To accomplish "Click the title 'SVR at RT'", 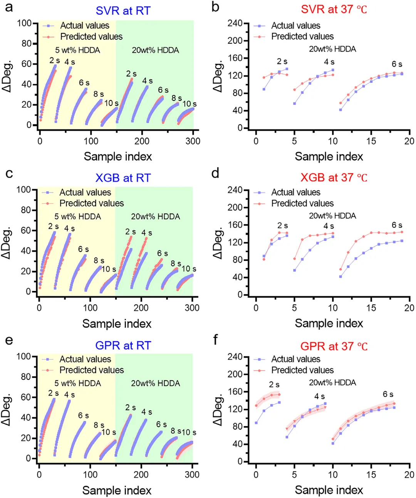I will pyautogui.click(x=123, y=11).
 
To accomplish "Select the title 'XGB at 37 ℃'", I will pyautogui.click(x=334, y=177).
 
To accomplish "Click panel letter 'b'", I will pyautogui.click(x=216, y=7).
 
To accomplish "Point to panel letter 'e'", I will pyautogui.click(x=8, y=340).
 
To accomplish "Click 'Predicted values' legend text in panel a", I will pyautogui.click(x=91, y=37).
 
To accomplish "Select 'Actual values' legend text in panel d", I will pyautogui.click(x=295, y=192).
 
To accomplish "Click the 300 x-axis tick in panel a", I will pyautogui.click(x=193, y=141).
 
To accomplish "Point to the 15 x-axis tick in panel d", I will pyautogui.click(x=371, y=308).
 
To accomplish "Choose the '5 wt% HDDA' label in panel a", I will pyautogui.click(x=77, y=50).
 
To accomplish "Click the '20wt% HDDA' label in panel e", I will pyautogui.click(x=155, y=383).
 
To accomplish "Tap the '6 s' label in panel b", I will pyautogui.click(x=397, y=64).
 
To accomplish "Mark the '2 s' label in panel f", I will pyautogui.click(x=274, y=384).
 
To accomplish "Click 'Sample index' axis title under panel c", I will pyautogui.click(x=117, y=324).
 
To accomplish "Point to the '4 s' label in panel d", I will pyautogui.click(x=329, y=226).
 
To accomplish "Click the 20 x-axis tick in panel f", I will pyautogui.click(x=409, y=475).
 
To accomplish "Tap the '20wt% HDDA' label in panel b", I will pyautogui.click(x=332, y=49).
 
